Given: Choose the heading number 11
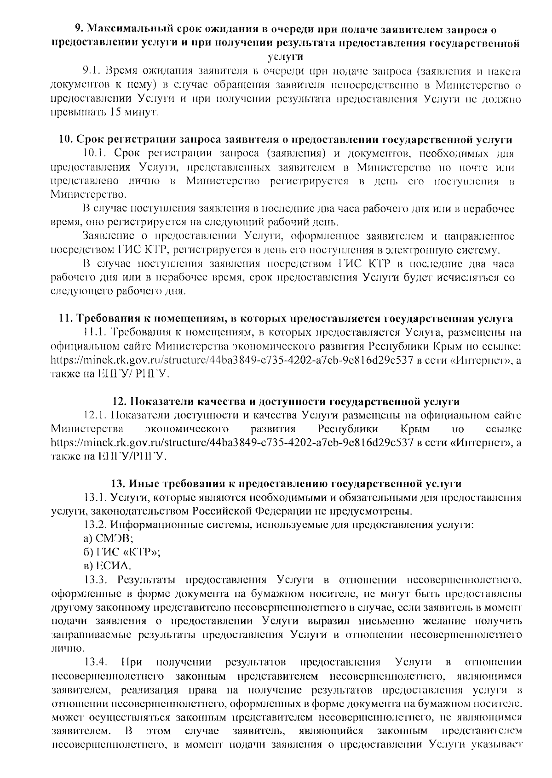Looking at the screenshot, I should click(65, 319).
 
